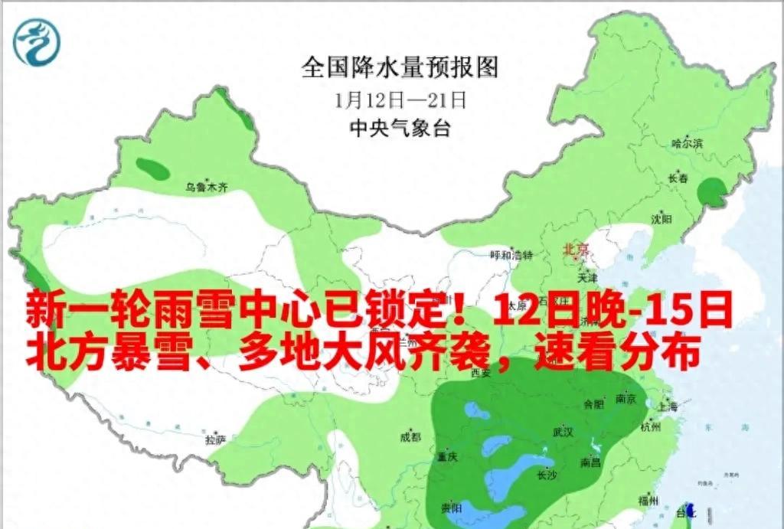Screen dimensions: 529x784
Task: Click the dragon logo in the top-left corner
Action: (x=35, y=42)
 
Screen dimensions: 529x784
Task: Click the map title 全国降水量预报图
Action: (x=400, y=67)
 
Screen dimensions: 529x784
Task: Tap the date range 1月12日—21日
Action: (x=400, y=100)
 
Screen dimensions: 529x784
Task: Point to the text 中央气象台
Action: (x=400, y=129)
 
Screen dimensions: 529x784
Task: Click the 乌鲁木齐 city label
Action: (x=207, y=186)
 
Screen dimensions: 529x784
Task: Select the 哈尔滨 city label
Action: (x=686, y=143)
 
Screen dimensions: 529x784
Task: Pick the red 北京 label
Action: (x=576, y=249)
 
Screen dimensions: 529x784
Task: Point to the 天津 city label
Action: (x=588, y=276)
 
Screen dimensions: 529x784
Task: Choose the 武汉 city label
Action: (x=563, y=432)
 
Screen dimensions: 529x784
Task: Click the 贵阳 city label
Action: (x=452, y=508)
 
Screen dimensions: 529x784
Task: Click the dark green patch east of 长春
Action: (x=716, y=192)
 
